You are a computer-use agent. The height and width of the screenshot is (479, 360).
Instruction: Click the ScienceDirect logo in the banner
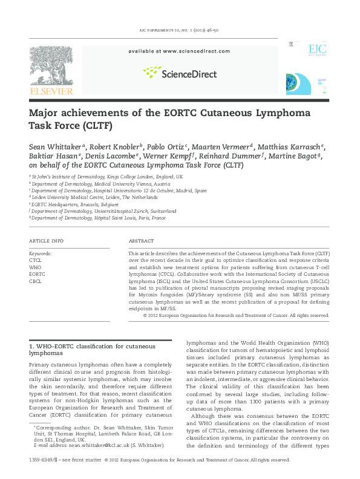[x=178, y=73]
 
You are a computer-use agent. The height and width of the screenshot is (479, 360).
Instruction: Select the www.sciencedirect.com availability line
[x=178, y=52]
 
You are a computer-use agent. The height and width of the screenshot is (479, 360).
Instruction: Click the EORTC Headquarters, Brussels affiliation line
[x=75, y=204]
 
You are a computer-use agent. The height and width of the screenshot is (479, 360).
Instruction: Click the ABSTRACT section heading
[x=141, y=240]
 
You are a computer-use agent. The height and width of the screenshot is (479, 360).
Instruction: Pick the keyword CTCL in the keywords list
[x=35, y=259]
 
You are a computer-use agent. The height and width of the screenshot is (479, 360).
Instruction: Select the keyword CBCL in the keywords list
[x=35, y=281]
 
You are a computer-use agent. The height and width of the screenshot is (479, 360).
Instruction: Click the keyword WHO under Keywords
[x=35, y=267]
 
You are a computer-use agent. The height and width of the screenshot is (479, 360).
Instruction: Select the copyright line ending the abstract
[x=236, y=315]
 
